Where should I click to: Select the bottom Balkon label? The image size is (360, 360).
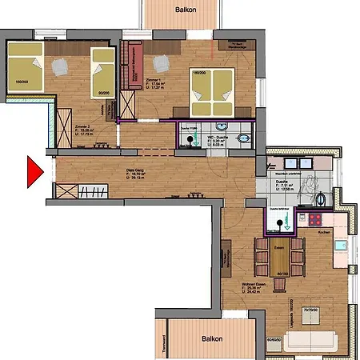211,338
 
